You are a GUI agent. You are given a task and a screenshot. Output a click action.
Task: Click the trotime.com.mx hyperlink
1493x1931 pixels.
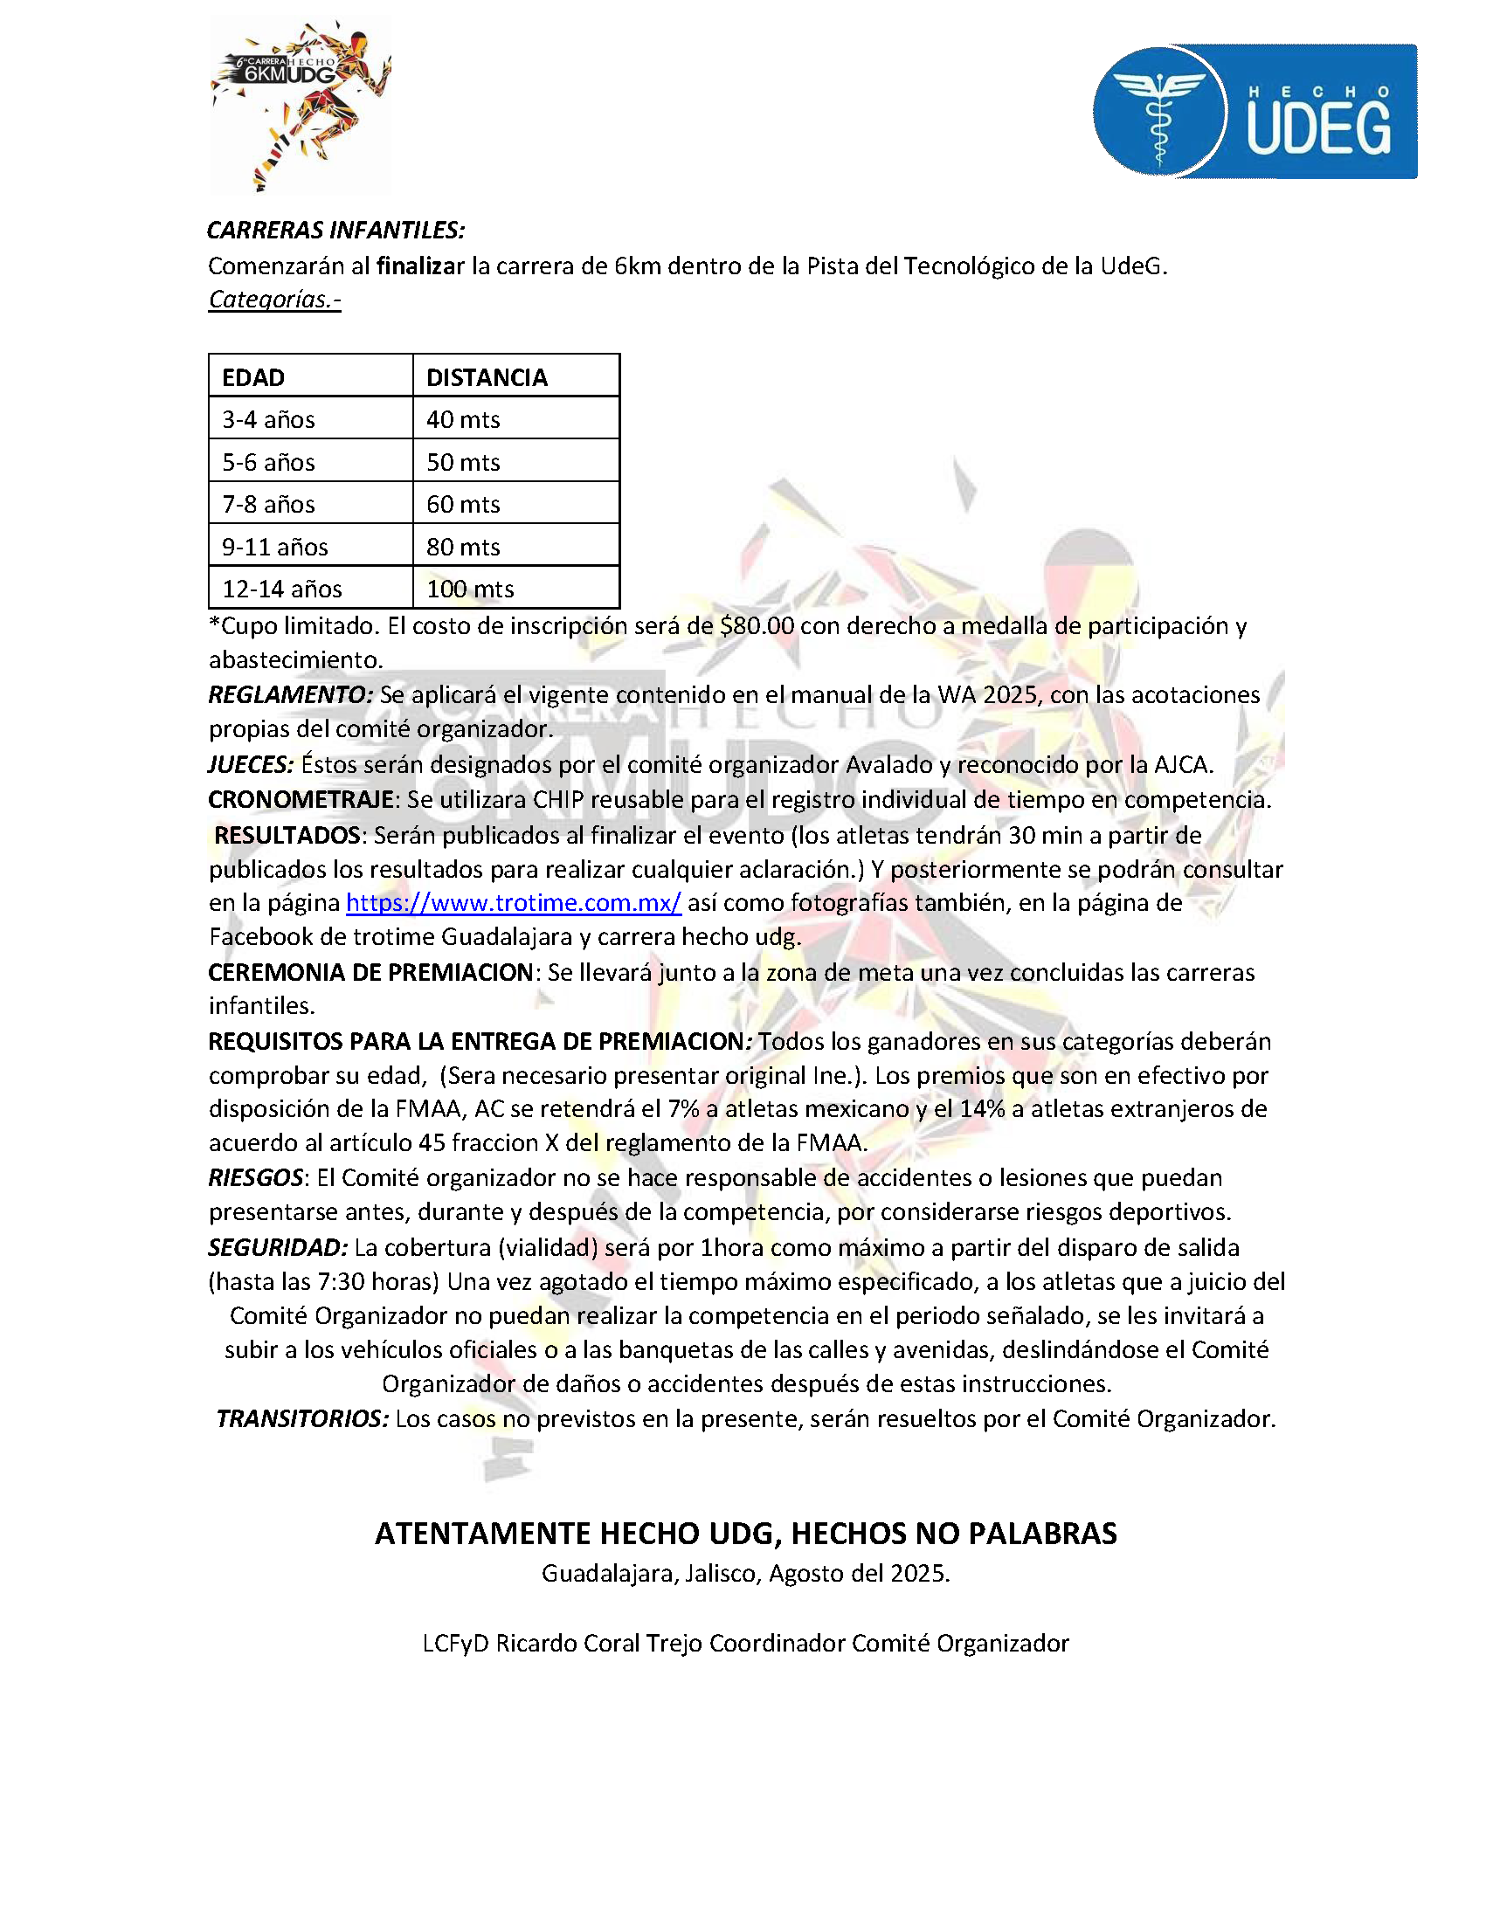(513, 903)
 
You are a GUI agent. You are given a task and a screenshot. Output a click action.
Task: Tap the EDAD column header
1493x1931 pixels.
(253, 377)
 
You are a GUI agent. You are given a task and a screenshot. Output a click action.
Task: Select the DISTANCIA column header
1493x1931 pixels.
(487, 377)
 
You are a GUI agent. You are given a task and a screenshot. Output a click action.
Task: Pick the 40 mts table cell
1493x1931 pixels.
(463, 419)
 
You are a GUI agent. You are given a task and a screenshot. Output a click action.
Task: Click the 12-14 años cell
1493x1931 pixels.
(281, 589)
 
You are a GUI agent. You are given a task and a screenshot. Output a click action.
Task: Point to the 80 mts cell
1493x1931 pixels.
(463, 547)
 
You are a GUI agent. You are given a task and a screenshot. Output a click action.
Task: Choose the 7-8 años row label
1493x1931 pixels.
(268, 504)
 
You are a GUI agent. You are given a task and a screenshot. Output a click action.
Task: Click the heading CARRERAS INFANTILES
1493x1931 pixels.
(335, 230)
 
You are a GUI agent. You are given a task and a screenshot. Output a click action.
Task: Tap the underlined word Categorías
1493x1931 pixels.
(274, 299)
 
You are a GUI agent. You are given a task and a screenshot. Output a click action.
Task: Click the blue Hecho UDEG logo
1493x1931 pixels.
(1255, 112)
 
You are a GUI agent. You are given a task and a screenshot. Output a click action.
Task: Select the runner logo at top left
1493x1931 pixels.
(300, 104)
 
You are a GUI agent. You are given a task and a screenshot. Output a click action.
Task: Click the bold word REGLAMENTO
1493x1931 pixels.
(290, 695)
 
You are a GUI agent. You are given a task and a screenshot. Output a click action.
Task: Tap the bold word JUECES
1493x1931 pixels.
(251, 765)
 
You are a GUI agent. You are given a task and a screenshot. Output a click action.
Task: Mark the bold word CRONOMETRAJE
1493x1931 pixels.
(301, 799)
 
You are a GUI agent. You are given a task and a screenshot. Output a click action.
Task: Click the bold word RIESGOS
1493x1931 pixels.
(256, 1177)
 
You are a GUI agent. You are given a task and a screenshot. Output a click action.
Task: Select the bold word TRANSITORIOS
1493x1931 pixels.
(301, 1418)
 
